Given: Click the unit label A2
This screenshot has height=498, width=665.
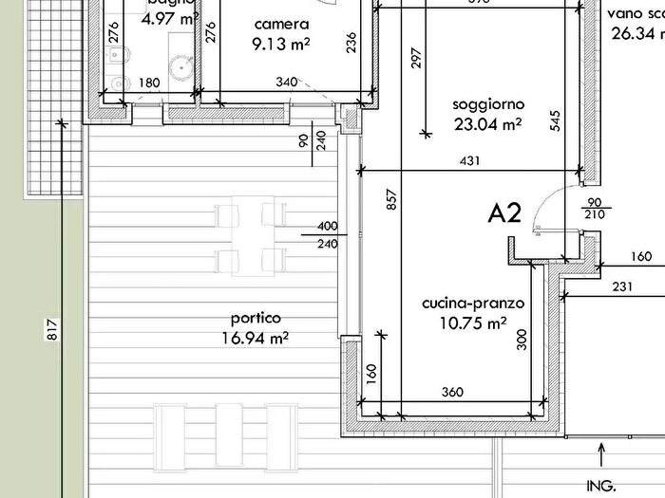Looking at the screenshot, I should click(504, 212).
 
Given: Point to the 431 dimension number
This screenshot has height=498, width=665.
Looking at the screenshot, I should click(468, 161).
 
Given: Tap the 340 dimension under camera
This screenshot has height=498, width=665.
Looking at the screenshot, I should click(285, 83).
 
